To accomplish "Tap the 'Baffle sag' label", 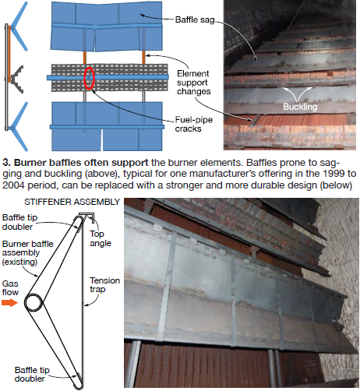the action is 195,19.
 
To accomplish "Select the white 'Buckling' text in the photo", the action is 300,107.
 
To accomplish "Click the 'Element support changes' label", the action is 193,83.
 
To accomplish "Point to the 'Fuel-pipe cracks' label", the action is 194,124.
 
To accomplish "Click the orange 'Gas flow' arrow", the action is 9,302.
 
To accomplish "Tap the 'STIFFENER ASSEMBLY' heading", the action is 72,202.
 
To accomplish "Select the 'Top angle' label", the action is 101,238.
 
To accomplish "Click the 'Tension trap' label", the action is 104,285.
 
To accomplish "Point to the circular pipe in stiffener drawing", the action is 34,303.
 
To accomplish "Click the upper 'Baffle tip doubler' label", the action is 19,222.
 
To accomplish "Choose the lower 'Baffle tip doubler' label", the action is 32,374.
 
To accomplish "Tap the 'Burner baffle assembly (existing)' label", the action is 27,252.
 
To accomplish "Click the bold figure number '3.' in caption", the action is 7,163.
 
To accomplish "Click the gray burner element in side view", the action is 18,79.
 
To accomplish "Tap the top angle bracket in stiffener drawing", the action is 87,215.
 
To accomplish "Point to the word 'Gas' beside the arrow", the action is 10,284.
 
